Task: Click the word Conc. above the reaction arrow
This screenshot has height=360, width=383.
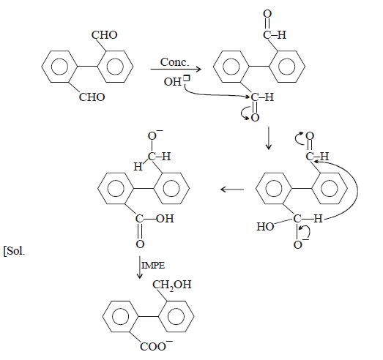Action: (x=174, y=62)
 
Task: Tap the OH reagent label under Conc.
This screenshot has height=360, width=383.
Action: (x=172, y=82)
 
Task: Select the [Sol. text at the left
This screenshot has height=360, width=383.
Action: (x=14, y=251)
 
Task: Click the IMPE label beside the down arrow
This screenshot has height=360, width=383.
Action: (x=153, y=266)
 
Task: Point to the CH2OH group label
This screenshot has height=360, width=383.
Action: (x=172, y=285)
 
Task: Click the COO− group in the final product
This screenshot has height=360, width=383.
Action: (x=156, y=346)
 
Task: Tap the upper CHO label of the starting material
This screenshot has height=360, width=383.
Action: (x=104, y=35)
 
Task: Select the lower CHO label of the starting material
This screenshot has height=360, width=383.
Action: (x=92, y=97)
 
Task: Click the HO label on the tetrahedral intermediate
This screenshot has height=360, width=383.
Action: (x=265, y=227)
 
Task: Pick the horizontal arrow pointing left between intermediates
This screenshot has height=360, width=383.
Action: (x=232, y=190)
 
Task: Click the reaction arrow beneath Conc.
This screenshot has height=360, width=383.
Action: (x=176, y=70)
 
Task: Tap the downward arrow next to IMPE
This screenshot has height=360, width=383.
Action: (x=139, y=267)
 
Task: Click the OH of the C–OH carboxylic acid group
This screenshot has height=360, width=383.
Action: (x=165, y=219)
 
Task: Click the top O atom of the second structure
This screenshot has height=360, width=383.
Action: (x=267, y=14)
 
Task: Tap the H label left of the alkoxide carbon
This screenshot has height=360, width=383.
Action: (x=138, y=167)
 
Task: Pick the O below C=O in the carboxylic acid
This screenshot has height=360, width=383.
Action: (x=140, y=244)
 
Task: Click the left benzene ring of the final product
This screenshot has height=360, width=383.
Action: (x=121, y=317)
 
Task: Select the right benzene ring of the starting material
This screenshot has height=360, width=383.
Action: (x=115, y=67)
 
